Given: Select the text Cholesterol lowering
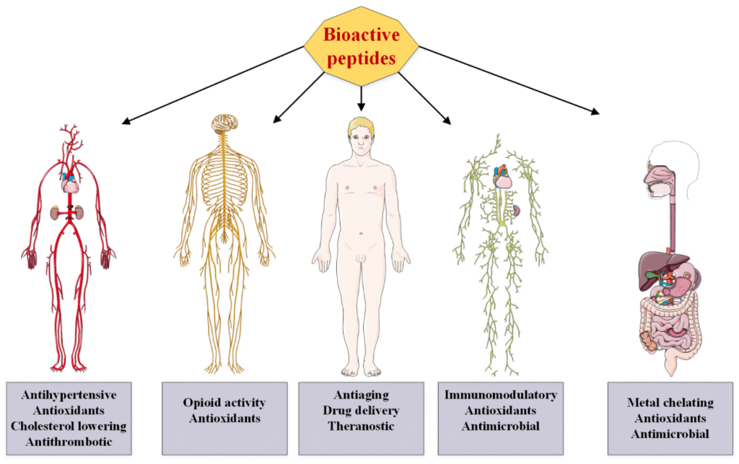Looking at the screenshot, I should pos(69,426).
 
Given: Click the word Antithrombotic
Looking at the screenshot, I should pos(69,441).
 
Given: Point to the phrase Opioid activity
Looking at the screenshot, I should pos(224,403).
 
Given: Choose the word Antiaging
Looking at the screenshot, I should pos(361,395).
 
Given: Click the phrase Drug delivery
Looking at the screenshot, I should pos(361,410).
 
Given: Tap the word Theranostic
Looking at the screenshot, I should pos(361,426).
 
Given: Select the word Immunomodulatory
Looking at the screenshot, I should pos(500,395).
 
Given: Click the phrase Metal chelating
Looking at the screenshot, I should pos(670,403).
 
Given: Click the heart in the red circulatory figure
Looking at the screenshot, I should pos(71,184).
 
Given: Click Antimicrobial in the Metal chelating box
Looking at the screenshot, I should pos(670,434).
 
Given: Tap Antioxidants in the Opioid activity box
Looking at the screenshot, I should pos(224,418).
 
